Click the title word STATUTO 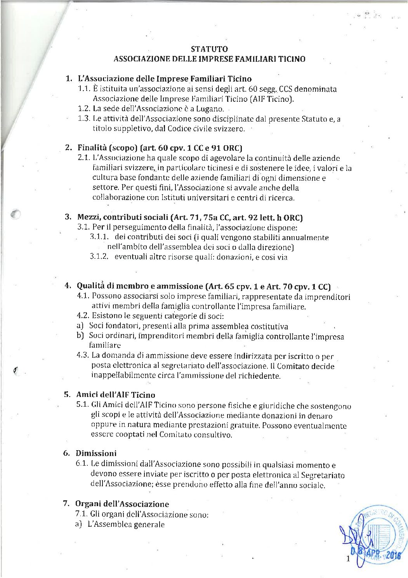coord(209,49)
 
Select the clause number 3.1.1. coord(99,237)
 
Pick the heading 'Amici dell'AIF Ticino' coord(115,395)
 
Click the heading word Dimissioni coord(96,453)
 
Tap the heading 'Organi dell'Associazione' coord(122,504)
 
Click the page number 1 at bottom coord(348,559)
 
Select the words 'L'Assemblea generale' coord(126,524)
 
